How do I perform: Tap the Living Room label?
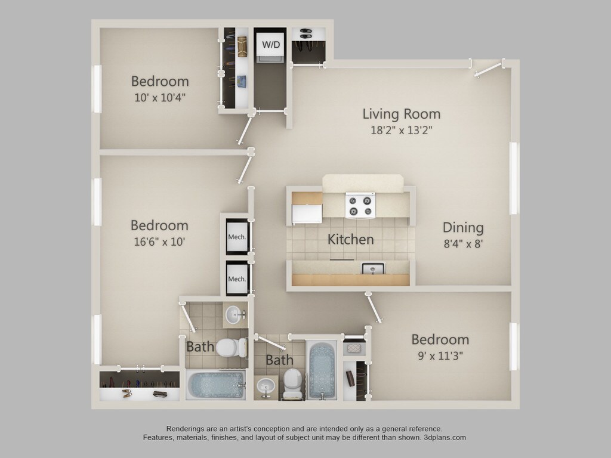402,113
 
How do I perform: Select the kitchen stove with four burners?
361,206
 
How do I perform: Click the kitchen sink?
373,268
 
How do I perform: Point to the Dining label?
463,227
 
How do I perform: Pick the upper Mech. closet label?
237,237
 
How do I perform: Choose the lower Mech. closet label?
237,278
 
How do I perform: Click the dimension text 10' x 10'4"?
159,97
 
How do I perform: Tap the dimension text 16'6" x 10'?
159,242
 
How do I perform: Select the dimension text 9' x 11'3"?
440,356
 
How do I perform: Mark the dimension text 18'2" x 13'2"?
402,130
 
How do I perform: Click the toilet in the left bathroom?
231,346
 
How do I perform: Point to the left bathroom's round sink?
233,313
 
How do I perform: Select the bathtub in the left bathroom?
215,385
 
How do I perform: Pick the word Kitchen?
351,240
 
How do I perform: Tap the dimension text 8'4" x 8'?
463,243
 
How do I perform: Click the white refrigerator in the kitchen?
307,212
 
